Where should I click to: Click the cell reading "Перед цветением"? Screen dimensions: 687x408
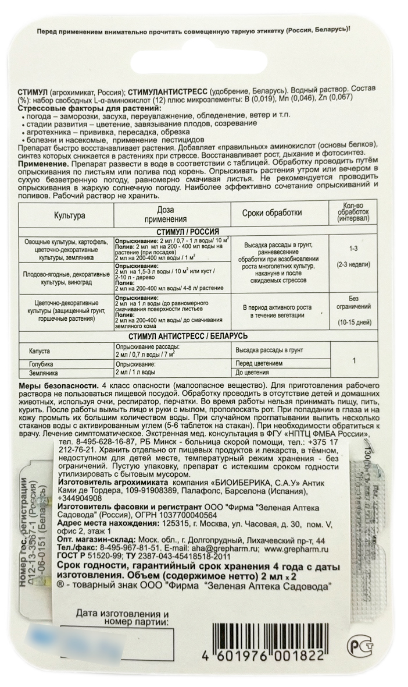point(259,364)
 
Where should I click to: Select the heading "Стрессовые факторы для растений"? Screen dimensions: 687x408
point(79,109)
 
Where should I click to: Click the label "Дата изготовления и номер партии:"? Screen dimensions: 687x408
point(122,619)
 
